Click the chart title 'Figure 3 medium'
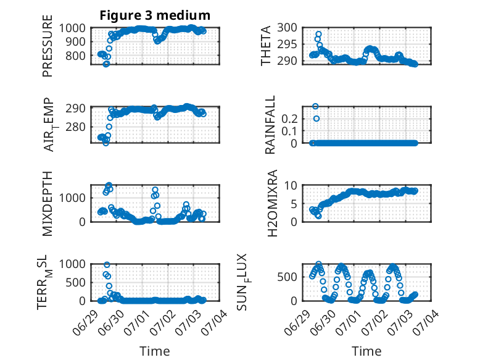click(155, 15)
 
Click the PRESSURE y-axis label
click(48, 46)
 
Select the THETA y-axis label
click(266, 46)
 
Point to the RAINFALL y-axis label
click(270, 125)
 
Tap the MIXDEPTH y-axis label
click(48, 203)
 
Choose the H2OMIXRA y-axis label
click(272, 203)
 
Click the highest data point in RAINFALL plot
click(315, 106)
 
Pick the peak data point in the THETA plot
click(318, 34)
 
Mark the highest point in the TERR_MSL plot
click(107, 265)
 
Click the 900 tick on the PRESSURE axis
click(77, 41)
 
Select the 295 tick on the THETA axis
click(287, 44)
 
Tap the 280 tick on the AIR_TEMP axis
click(75, 127)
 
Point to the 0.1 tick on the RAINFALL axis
click(289, 131)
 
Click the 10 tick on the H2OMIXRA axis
click(291, 185)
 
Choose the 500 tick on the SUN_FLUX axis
click(287, 277)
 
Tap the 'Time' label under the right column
click(366, 351)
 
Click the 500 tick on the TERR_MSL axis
click(75, 282)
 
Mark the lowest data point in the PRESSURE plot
click(106, 64)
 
